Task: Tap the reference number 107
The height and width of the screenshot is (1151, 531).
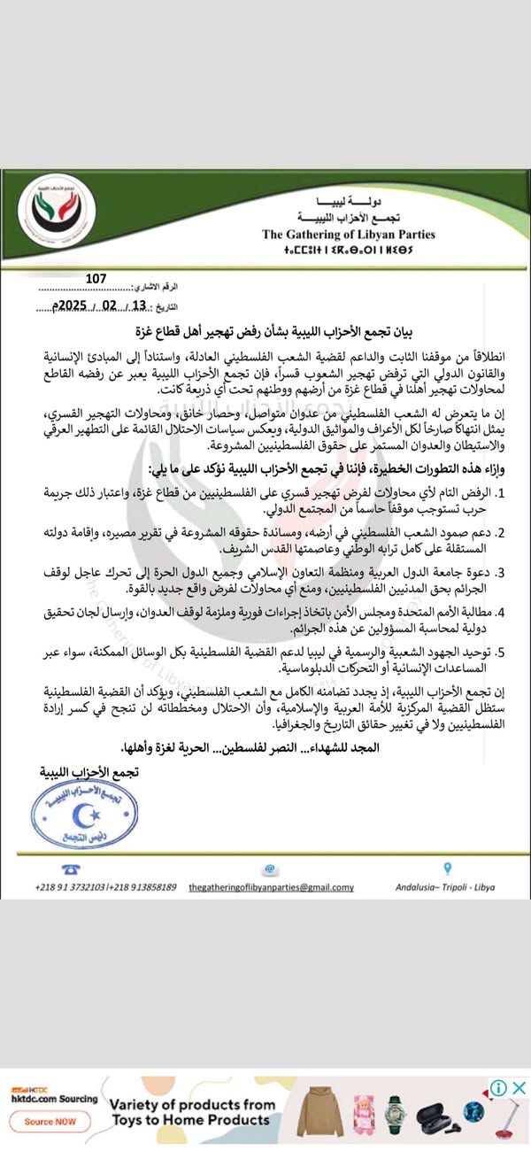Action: [96, 279]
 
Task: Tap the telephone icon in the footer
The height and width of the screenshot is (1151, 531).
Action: [65, 869]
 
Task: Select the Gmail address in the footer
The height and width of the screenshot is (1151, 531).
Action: [272, 887]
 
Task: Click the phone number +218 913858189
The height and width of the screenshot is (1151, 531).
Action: [143, 887]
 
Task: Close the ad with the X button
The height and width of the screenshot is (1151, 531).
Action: [519, 1088]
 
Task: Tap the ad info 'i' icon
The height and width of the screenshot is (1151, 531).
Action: [499, 1088]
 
